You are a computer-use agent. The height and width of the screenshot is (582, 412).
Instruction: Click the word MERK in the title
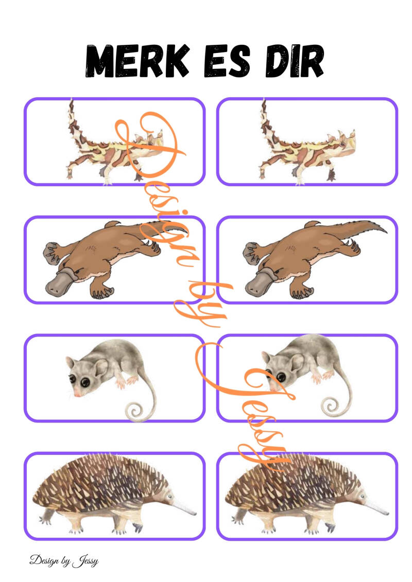(x=137, y=61)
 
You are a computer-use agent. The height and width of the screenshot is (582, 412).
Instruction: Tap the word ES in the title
(x=227, y=61)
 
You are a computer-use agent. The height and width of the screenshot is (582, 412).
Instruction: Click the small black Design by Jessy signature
(x=64, y=560)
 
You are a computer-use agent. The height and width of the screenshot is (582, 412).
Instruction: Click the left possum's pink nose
(x=78, y=394)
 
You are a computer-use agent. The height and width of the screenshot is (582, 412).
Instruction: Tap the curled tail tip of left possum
(x=134, y=412)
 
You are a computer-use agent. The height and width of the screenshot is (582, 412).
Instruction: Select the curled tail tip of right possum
(x=329, y=407)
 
